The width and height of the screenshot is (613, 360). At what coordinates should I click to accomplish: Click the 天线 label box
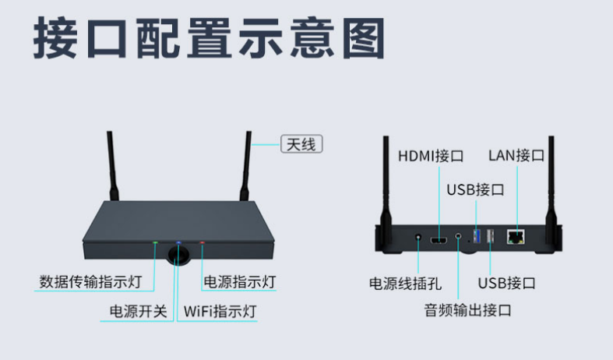pyautogui.click(x=301, y=144)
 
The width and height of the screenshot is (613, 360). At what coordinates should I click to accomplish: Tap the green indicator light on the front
pyautogui.click(x=155, y=242)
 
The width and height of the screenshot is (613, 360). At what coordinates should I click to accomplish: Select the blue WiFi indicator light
pyautogui.click(x=178, y=242)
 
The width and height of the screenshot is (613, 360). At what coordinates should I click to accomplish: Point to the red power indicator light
pyautogui.click(x=202, y=242)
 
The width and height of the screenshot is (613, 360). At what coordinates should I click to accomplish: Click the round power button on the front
pyautogui.click(x=178, y=255)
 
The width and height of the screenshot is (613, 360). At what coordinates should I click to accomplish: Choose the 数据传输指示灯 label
pyautogui.click(x=90, y=282)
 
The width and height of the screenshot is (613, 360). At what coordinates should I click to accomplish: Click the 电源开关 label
pyautogui.click(x=139, y=312)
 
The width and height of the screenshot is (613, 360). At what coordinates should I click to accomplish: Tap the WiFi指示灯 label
pyautogui.click(x=220, y=312)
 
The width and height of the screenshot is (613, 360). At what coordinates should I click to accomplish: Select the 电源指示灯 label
pyautogui.click(x=240, y=282)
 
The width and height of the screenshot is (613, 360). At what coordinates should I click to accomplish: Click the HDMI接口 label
pyautogui.click(x=431, y=156)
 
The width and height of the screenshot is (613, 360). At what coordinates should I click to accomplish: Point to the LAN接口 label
pyautogui.click(x=516, y=155)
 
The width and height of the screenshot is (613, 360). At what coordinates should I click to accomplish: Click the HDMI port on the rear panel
pyautogui.click(x=439, y=240)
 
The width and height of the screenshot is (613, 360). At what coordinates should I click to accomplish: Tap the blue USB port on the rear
pyautogui.click(x=477, y=236)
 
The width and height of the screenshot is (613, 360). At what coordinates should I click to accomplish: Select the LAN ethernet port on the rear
pyautogui.click(x=516, y=237)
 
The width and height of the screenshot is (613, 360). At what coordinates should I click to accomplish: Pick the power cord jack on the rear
pyautogui.click(x=418, y=237)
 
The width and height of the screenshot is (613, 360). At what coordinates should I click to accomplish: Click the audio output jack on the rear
pyautogui.click(x=458, y=236)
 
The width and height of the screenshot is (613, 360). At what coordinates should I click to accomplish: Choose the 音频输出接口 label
pyautogui.click(x=468, y=310)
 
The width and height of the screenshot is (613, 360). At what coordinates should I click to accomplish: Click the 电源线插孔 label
pyautogui.click(x=405, y=284)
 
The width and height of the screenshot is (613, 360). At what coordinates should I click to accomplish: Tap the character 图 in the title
pyautogui.click(x=364, y=38)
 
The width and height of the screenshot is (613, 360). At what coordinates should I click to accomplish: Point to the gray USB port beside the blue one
pyautogui.click(x=490, y=236)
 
